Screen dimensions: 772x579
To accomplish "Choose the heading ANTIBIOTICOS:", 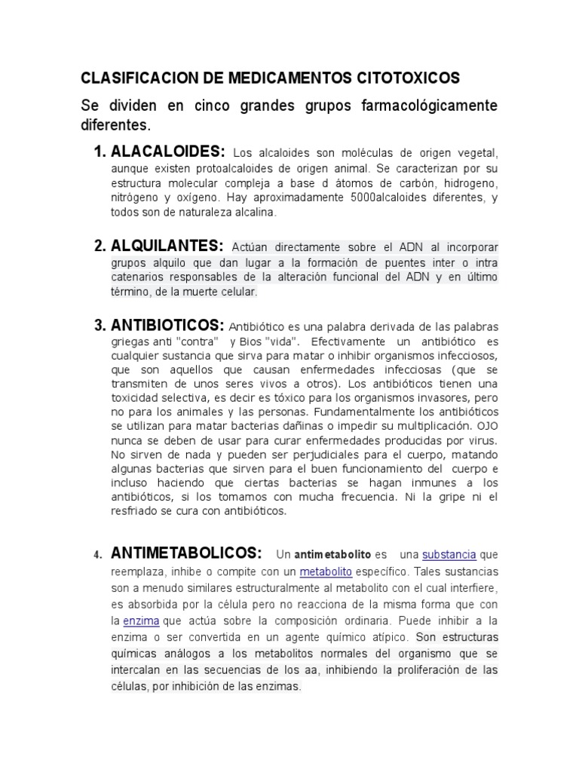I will [x=167, y=325].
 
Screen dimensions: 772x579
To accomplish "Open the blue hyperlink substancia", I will [x=449, y=556].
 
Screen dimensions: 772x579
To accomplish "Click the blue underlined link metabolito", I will [x=325, y=571].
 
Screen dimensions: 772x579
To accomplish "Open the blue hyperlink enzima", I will [x=142, y=621].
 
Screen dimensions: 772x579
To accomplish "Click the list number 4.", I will [x=97, y=556].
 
